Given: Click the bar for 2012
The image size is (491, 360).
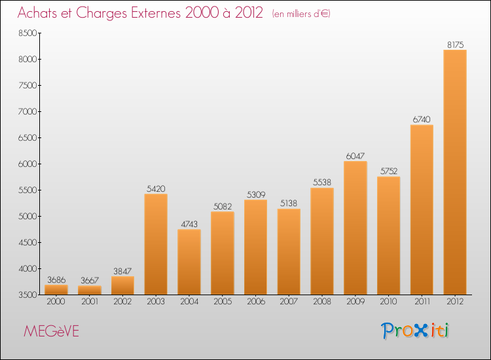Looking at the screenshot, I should (x=455, y=172).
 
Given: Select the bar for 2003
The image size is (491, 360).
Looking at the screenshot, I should (x=156, y=244).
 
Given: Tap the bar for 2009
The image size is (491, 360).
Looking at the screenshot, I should (x=355, y=228).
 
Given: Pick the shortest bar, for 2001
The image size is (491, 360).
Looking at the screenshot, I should (x=89, y=290).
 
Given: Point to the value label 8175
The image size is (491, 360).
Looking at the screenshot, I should (x=455, y=45).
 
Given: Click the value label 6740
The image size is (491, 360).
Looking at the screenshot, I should (x=422, y=119).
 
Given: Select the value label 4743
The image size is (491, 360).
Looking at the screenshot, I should (x=189, y=224).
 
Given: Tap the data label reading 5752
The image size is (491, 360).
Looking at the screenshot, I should (x=388, y=171).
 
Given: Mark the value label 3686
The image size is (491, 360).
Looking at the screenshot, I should (x=56, y=279).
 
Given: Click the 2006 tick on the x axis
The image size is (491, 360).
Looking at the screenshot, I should (x=255, y=301).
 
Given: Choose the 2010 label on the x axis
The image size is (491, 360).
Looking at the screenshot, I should (x=388, y=301).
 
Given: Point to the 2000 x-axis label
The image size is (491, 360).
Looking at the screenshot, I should (x=56, y=301).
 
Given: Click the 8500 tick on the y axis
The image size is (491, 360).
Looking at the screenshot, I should (x=25, y=33).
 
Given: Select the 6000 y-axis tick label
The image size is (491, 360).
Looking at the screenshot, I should (x=25, y=164).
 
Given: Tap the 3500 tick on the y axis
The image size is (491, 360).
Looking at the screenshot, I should (x=25, y=295).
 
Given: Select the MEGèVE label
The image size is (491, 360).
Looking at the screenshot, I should (x=51, y=331).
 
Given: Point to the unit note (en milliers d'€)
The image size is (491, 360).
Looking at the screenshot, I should (x=301, y=14).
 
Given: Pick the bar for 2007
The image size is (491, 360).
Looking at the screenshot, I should (x=289, y=252).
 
